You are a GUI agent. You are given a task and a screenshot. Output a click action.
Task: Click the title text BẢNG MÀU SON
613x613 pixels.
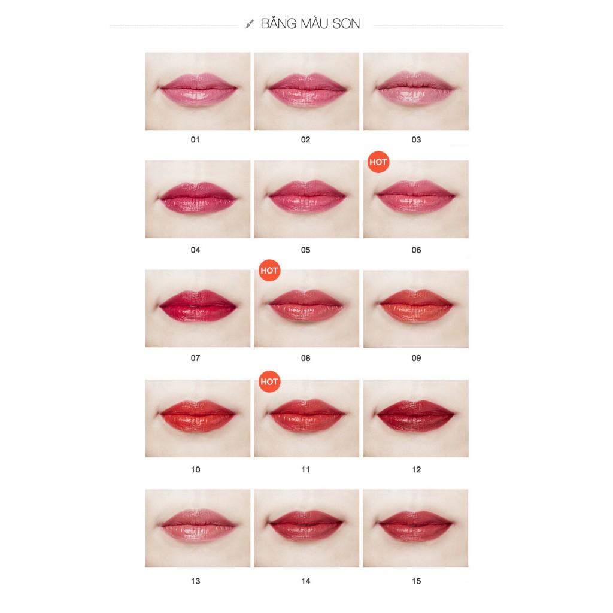(310, 23)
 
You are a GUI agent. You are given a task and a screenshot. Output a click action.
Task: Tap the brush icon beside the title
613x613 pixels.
(250, 24)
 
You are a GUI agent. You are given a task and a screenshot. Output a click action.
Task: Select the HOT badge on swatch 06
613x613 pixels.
(378, 162)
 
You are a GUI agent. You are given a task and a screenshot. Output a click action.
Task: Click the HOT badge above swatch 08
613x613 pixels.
(269, 271)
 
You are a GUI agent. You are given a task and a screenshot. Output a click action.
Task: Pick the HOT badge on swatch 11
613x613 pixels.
(269, 381)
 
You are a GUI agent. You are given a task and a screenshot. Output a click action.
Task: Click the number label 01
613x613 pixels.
(195, 140)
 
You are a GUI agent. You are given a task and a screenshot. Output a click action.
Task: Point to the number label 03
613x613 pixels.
(417, 140)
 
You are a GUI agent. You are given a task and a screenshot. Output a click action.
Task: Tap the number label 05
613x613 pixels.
(306, 250)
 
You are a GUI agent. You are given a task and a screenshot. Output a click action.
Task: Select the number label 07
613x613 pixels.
(196, 358)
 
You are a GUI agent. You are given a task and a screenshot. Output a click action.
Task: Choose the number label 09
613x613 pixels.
(417, 358)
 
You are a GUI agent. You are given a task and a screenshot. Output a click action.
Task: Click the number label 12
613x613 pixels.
(417, 469)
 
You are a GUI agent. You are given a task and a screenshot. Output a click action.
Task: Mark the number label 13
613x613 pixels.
(196, 581)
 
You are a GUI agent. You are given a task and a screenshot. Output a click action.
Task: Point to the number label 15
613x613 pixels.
(417, 581)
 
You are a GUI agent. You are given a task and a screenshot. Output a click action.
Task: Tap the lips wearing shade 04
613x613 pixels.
(198, 198)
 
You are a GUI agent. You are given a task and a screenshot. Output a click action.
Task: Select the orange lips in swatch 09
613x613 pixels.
(416, 306)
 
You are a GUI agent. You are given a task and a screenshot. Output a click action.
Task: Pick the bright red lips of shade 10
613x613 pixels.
(198, 415)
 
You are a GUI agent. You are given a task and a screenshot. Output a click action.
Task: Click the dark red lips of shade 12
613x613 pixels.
(416, 415)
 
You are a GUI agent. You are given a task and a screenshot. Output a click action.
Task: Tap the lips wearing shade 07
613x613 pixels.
(198, 306)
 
